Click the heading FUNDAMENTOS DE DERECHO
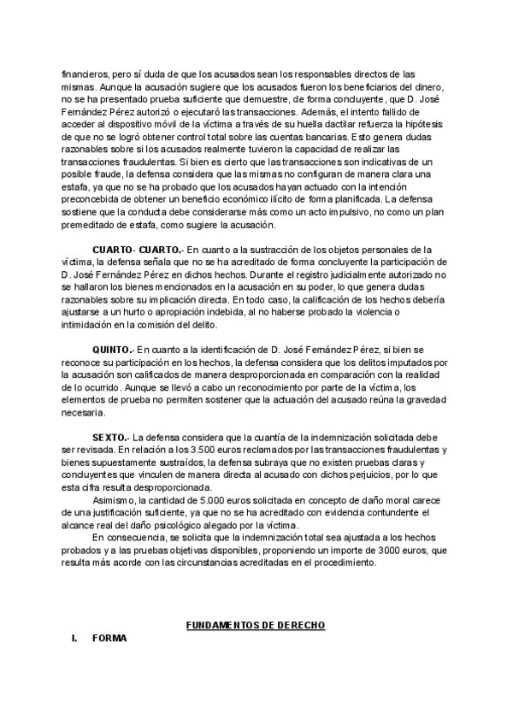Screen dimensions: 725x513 (x=256, y=625)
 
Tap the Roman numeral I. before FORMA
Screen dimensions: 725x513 (x=75, y=639)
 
